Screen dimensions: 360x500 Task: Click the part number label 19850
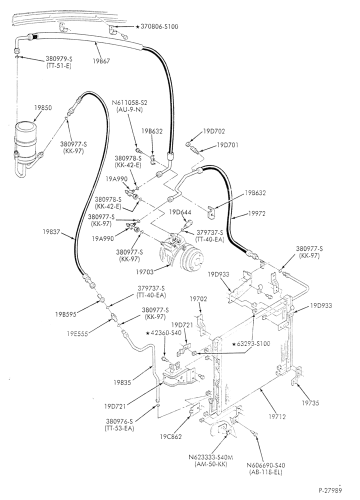pyautogui.click(x=43, y=108)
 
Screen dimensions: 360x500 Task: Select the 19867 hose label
pyautogui.click(x=101, y=61)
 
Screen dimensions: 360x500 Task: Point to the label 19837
pyautogui.click(x=51, y=232)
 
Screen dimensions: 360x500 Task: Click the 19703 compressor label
pyautogui.click(x=145, y=271)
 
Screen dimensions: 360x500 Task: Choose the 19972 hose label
pyautogui.click(x=257, y=213)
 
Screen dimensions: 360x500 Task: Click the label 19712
pyautogui.click(x=277, y=416)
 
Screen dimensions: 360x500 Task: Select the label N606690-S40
pyautogui.click(x=266, y=465)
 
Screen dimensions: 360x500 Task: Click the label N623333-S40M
pyautogui.click(x=211, y=457)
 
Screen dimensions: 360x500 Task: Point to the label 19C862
pyautogui.click(x=171, y=436)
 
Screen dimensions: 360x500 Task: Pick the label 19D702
pyautogui.click(x=214, y=131)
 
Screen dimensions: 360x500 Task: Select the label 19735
pyautogui.click(x=310, y=402)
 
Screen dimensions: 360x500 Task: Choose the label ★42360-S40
pyautogui.click(x=163, y=333)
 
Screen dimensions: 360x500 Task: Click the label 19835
pyautogui.click(x=122, y=382)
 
